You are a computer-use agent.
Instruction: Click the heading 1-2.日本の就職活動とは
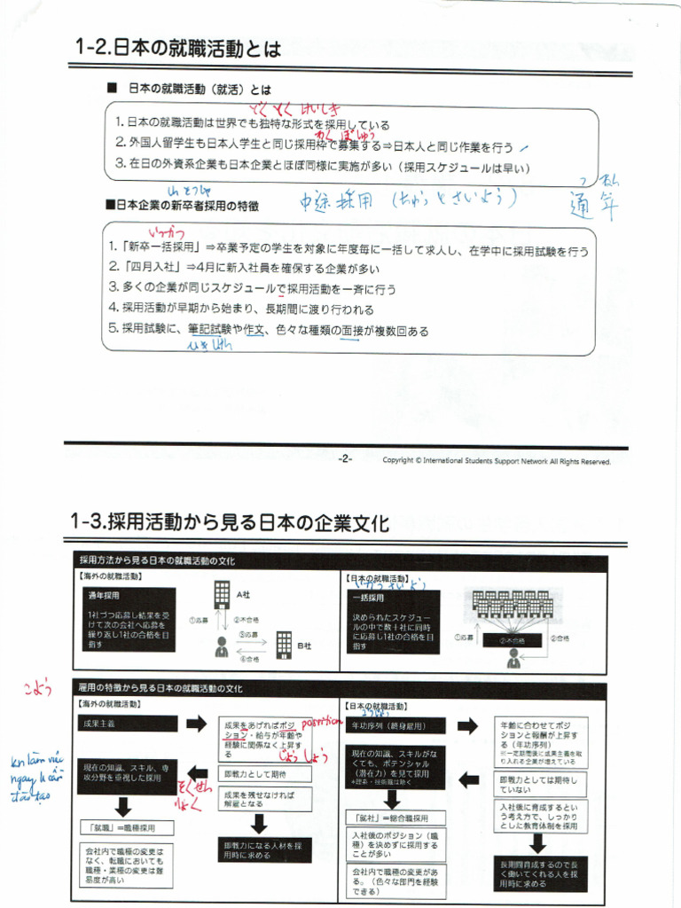pyautogui.click(x=178, y=49)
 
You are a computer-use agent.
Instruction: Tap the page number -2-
pyautogui.click(x=345, y=458)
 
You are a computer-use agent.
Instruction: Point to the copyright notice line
pyautogui.click(x=497, y=460)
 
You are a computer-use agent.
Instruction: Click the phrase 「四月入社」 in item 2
pyautogui.click(x=152, y=268)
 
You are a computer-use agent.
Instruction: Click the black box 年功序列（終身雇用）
pyautogui.click(x=397, y=725)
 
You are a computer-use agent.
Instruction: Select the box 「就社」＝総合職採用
pyautogui.click(x=391, y=818)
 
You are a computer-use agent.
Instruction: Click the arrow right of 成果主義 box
pyautogui.click(x=195, y=724)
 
